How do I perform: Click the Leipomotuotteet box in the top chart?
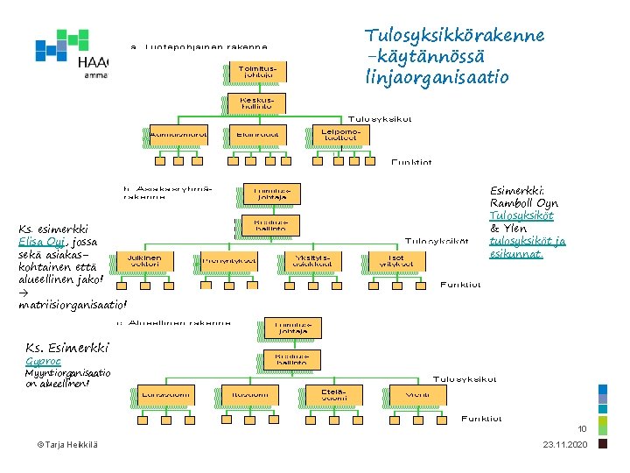click(x=336, y=134)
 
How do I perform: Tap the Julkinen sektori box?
click(x=143, y=260)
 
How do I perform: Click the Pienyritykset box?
click(x=228, y=260)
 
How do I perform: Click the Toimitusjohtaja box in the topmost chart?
click(x=253, y=71)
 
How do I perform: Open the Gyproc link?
click(x=44, y=361)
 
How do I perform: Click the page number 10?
click(x=581, y=429)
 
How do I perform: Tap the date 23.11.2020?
click(x=566, y=447)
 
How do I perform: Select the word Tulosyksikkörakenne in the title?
click(x=454, y=36)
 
